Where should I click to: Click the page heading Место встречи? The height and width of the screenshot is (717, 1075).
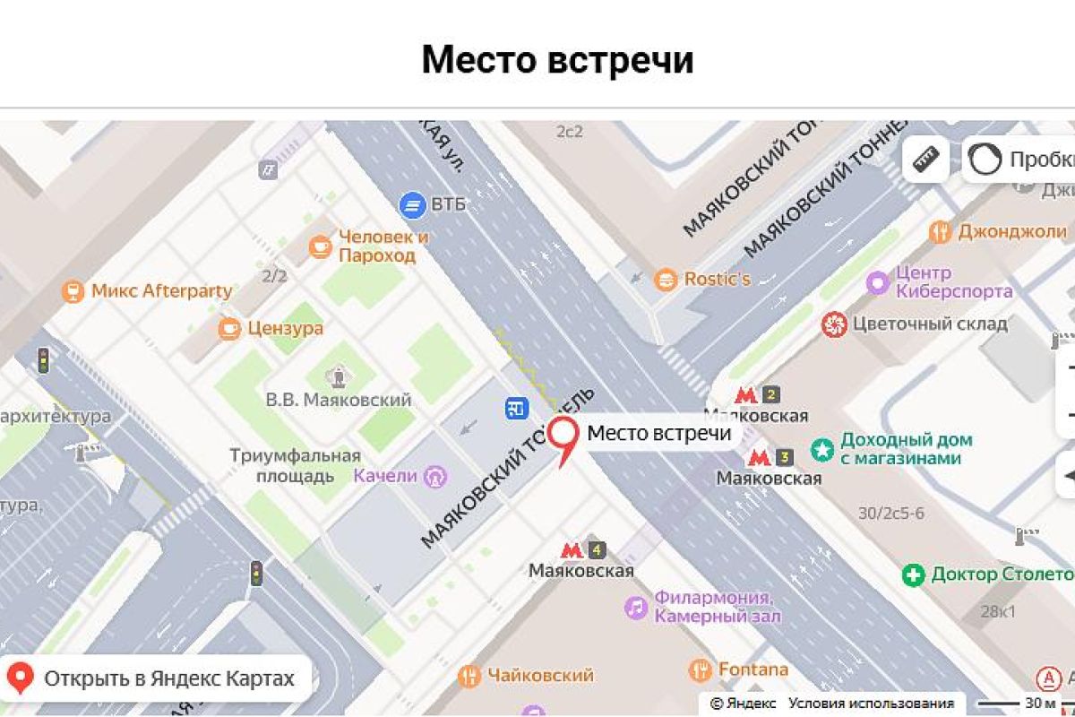[x=557, y=60]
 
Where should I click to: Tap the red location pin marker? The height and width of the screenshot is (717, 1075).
[x=563, y=438]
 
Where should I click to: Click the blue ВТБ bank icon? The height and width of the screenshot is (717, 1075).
[x=412, y=205]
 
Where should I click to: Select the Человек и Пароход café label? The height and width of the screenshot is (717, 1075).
[x=383, y=246]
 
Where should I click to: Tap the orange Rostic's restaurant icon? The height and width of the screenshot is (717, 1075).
[x=666, y=280]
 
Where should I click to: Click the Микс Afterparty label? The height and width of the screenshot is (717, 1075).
[x=161, y=291]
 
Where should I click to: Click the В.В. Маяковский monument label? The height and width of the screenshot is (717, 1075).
[x=339, y=400]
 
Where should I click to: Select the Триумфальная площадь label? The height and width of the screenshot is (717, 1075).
[x=295, y=465]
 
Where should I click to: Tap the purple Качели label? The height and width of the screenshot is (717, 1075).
[x=386, y=476]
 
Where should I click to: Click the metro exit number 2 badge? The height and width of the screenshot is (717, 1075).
[x=771, y=394]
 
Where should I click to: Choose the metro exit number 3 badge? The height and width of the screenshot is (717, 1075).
[x=785, y=458]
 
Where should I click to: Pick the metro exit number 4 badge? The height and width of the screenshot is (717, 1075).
[x=597, y=549]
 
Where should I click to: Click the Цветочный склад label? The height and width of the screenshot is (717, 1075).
[x=930, y=324]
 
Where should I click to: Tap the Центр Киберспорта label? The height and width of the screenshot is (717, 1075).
[x=954, y=281]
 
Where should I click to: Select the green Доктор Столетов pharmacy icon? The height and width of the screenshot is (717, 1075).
[x=913, y=574]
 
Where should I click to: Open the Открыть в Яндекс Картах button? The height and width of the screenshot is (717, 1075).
[x=158, y=678]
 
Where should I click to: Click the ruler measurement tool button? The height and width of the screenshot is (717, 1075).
[x=925, y=160]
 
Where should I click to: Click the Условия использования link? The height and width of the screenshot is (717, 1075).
[x=871, y=704]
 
